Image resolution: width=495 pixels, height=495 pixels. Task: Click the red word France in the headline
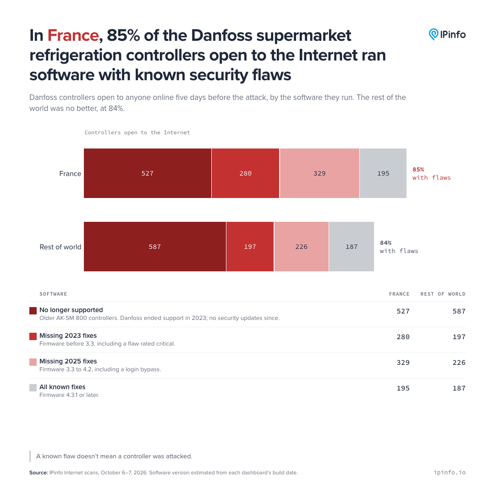[x=73, y=35]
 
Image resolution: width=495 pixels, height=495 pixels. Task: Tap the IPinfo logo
[x=447, y=34]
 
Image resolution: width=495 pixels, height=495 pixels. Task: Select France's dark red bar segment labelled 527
[x=148, y=173]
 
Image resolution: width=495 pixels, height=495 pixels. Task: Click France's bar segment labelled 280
[x=246, y=173]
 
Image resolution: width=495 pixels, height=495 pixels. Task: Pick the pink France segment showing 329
[x=319, y=173]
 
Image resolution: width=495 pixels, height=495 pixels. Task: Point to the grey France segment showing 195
[x=383, y=173]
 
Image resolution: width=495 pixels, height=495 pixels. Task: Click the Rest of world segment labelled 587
[x=155, y=247]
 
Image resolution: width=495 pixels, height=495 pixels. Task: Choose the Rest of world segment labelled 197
[x=250, y=247]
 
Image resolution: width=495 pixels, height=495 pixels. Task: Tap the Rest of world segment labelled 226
[x=302, y=247]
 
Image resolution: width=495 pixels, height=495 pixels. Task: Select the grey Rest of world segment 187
[x=352, y=247]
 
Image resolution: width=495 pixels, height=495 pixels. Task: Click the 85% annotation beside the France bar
[x=418, y=170]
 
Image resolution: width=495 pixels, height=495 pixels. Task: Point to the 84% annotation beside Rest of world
[x=386, y=243]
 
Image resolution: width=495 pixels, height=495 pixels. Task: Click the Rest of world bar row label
[x=60, y=247]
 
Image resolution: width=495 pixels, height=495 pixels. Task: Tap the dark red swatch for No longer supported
[x=33, y=311]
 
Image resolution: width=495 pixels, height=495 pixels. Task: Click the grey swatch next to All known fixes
[x=33, y=388]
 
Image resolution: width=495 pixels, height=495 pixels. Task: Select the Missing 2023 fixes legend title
[x=68, y=335]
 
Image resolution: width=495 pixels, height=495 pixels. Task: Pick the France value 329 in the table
[x=403, y=363]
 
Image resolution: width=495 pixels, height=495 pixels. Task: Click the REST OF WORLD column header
[x=443, y=294]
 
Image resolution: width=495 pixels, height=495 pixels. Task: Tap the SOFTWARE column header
[x=53, y=294]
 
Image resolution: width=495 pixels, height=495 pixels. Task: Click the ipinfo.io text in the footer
[x=450, y=472]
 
